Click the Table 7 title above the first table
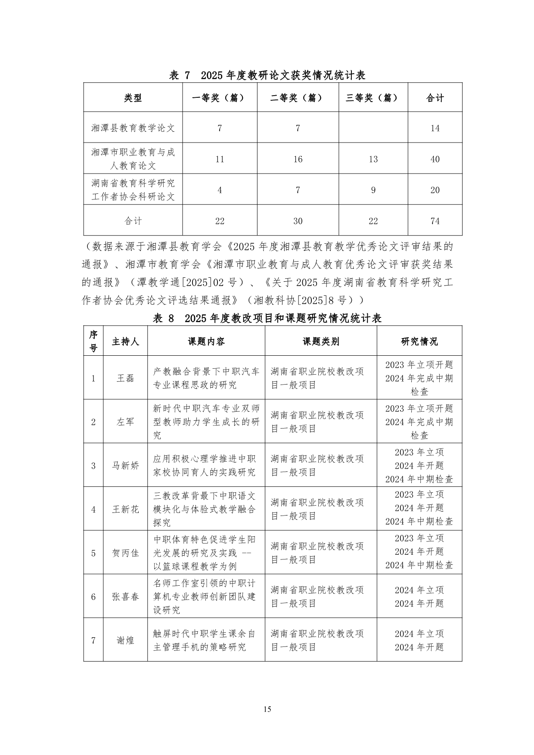point(267,75)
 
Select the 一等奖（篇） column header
point(220,98)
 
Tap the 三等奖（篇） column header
point(373,98)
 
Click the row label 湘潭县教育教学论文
point(133,128)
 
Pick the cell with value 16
point(298,159)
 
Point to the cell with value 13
point(373,159)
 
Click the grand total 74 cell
point(435,221)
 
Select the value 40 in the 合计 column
point(435,159)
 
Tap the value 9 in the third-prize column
point(373,190)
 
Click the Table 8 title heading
point(267,318)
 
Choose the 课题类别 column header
point(321,342)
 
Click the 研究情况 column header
point(419,342)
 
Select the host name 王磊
point(125,378)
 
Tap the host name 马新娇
point(125,466)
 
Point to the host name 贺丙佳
point(125,553)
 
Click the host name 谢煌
point(125,640)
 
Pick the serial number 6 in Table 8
point(93,597)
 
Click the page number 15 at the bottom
point(267,709)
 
